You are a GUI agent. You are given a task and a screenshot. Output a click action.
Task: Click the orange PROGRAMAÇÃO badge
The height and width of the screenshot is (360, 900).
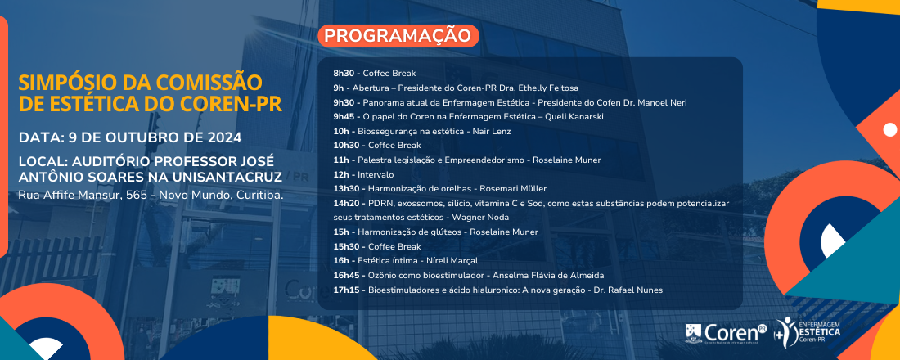tap(398, 36)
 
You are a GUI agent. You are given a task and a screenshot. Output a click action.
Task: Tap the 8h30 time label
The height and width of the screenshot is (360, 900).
tap(344, 74)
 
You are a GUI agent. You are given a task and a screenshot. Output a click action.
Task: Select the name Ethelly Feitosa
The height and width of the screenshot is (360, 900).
tap(548, 88)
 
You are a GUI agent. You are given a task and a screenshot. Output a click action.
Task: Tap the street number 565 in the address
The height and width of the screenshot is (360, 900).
tap(138, 196)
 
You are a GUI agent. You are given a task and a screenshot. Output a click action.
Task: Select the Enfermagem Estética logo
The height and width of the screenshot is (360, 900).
tap(807, 333)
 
